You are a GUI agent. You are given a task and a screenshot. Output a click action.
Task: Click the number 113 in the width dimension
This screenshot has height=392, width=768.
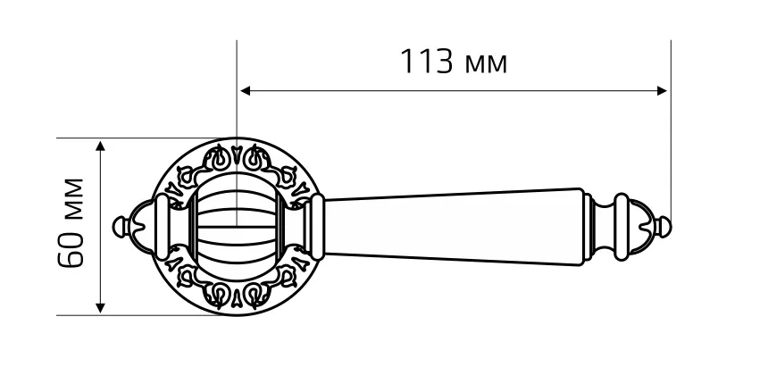427,62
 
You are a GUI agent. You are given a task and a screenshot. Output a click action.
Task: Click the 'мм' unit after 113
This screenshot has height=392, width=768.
486,65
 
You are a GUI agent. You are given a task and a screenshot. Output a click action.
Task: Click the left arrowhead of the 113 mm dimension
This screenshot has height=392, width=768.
246,91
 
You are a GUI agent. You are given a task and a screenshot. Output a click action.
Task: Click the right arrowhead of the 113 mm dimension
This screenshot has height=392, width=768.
662,91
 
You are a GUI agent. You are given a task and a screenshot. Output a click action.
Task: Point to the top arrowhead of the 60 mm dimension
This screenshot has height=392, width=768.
100,146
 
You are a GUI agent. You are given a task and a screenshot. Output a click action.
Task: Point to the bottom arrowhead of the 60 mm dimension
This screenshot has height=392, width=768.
100,308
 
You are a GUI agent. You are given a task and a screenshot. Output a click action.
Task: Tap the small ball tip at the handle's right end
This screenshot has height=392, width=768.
664,227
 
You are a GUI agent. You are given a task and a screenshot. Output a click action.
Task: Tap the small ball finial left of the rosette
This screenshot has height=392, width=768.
121,227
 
